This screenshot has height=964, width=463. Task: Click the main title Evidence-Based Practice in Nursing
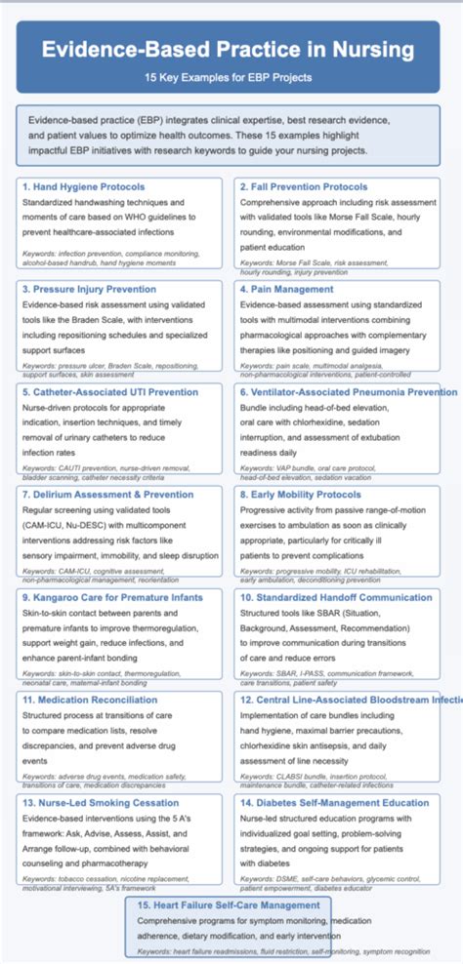231,51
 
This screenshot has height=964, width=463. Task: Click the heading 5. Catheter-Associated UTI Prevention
111,392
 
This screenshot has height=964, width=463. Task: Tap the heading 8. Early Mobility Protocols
300,495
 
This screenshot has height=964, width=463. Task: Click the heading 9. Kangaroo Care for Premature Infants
111,597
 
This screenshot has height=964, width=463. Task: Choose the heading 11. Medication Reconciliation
89,701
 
